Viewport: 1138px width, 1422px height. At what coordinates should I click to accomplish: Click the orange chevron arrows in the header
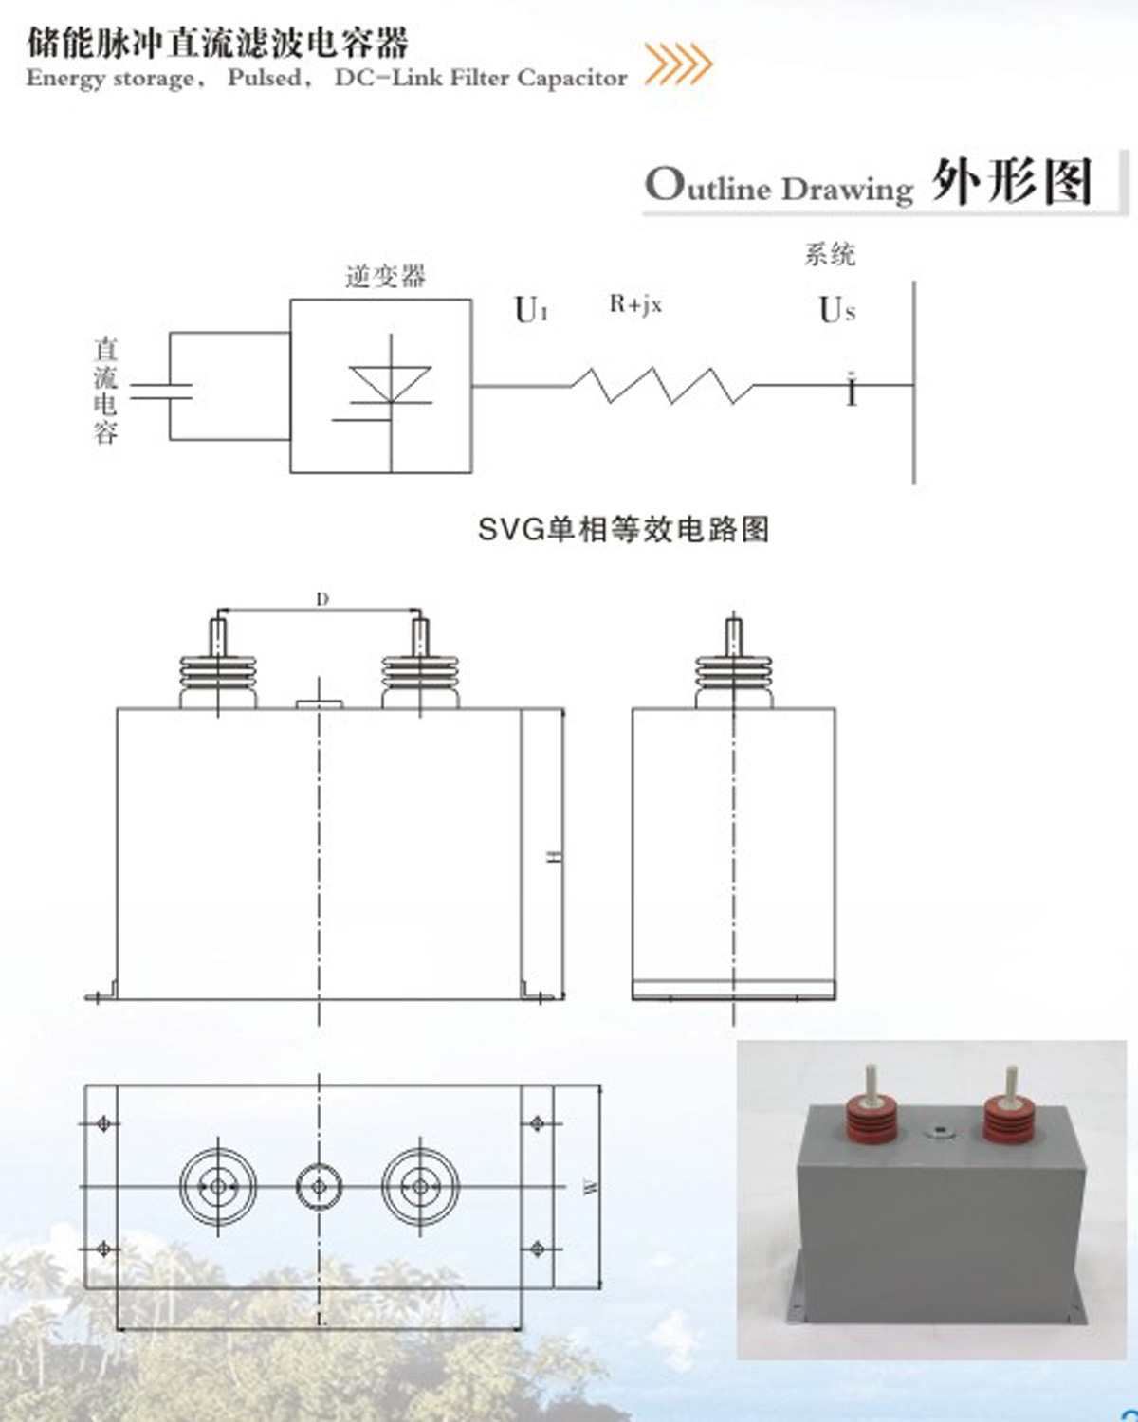coord(678,64)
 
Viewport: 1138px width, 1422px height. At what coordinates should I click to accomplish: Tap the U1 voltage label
coord(530,310)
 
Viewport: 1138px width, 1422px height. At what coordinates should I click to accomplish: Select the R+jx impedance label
coord(635,304)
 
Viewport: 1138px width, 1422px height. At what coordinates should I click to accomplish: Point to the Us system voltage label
coord(836,310)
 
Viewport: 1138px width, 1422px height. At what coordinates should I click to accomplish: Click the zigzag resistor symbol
coord(662,385)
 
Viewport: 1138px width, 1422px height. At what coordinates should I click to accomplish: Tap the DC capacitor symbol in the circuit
coord(161,391)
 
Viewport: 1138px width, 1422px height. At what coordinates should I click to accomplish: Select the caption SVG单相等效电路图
coord(623,529)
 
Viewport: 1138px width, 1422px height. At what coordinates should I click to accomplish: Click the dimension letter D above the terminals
coord(321,599)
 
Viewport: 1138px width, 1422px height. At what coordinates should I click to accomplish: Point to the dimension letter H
coord(556,856)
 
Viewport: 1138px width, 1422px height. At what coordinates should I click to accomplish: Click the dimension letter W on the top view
coord(591,1186)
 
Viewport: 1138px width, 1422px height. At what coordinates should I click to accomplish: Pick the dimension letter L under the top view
coord(321,1319)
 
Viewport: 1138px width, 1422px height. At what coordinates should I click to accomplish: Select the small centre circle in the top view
coord(319,1186)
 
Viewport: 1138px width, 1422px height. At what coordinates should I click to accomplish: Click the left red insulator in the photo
coord(871,1117)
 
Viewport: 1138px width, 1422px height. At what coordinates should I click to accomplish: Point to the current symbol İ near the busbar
coord(852,390)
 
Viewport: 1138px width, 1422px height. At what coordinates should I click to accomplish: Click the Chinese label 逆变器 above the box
coord(386,276)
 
